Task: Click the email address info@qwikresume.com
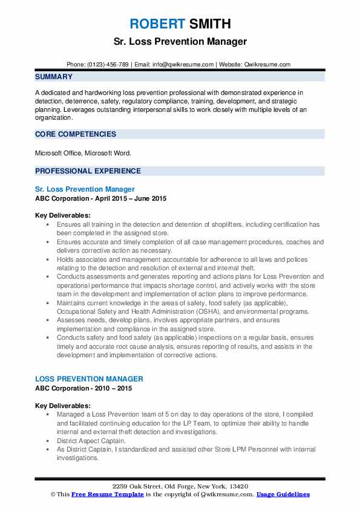[x=183, y=65]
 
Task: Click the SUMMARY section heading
[x=53, y=77]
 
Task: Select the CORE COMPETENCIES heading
[x=76, y=134]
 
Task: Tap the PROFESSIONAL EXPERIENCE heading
[x=88, y=171]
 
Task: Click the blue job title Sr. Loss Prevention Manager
[x=85, y=189]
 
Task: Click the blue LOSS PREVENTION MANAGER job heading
[x=89, y=379]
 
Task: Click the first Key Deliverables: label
[x=63, y=215]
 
